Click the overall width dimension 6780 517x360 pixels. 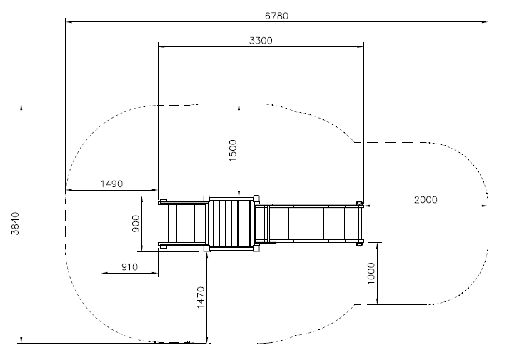coord(276,16)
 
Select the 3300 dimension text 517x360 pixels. coord(261,41)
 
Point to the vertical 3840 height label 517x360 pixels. coord(15,224)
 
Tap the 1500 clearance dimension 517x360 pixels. coord(233,151)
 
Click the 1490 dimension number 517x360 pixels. coord(111,184)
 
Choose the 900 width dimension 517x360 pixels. coord(136,224)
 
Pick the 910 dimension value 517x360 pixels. coord(129,266)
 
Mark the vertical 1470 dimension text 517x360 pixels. coord(201,297)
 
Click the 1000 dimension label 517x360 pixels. coord(371,273)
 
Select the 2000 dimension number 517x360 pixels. coord(426,200)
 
